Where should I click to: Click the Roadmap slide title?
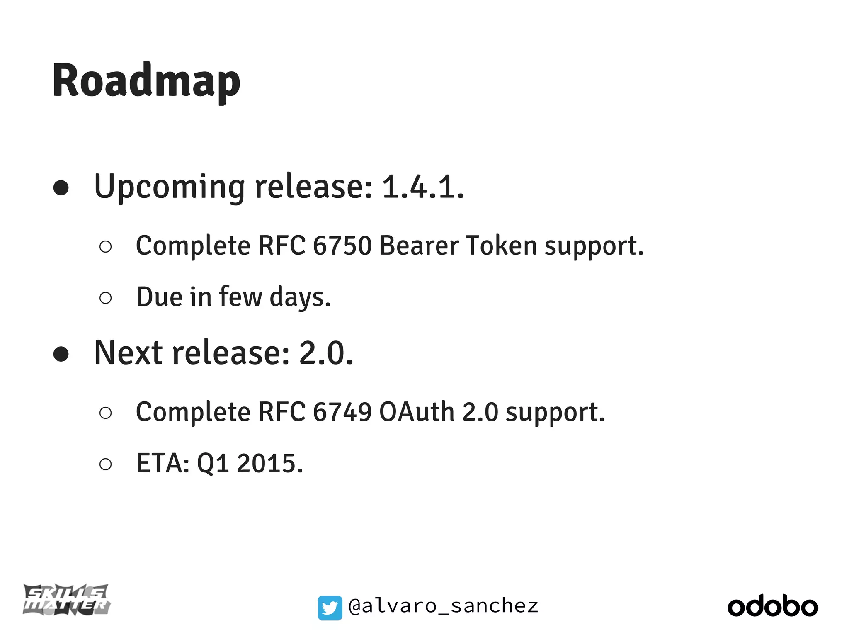(x=146, y=81)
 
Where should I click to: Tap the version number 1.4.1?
(x=422, y=187)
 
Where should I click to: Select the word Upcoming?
(x=169, y=187)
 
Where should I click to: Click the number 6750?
(x=342, y=246)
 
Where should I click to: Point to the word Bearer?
(x=419, y=246)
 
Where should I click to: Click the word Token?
(x=501, y=246)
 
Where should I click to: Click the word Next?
(x=129, y=353)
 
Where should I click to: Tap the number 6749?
(x=342, y=412)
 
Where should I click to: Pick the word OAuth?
(x=417, y=412)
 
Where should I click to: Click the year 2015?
(x=269, y=463)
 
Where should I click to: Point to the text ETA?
(x=163, y=463)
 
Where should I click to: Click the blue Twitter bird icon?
(x=330, y=608)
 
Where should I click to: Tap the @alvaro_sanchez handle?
(x=443, y=606)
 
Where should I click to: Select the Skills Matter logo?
(x=66, y=600)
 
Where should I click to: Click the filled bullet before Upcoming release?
(x=61, y=188)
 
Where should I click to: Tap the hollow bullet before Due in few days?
(x=106, y=298)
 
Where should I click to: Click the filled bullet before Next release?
(x=61, y=354)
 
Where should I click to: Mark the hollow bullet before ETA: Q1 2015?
(x=106, y=464)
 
